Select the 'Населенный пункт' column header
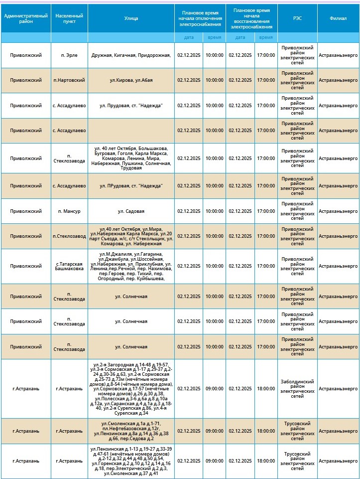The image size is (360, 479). pyautogui.click(x=69, y=18)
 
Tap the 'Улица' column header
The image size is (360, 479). pyautogui.click(x=131, y=18)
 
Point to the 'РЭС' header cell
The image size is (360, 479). pyautogui.click(x=297, y=18)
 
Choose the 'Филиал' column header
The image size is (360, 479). pyautogui.click(x=338, y=18)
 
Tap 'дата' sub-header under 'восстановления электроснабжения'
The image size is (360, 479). pyautogui.click(x=240, y=37)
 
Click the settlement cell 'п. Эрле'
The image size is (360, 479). pyautogui.click(x=69, y=55)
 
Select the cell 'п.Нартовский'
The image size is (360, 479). pyautogui.click(x=69, y=80)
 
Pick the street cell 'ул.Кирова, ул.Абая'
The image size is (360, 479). pyautogui.click(x=131, y=80)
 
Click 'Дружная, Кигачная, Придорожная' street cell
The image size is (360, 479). pyautogui.click(x=131, y=55)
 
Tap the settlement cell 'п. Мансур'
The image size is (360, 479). pyautogui.click(x=69, y=211)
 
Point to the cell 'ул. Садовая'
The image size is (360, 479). pyautogui.click(x=131, y=211)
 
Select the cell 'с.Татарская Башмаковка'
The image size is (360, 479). pyautogui.click(x=69, y=266)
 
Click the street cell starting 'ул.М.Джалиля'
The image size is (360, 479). pyautogui.click(x=131, y=266)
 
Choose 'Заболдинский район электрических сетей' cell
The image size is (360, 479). pyautogui.click(x=297, y=389)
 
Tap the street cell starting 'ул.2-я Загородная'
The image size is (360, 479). pyautogui.click(x=131, y=389)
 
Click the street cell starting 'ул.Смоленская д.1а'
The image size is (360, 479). pyautogui.click(x=131, y=431)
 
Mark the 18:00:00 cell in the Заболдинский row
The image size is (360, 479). pyautogui.click(x=266, y=389)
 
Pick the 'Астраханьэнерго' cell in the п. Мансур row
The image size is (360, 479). pyautogui.click(x=338, y=211)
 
